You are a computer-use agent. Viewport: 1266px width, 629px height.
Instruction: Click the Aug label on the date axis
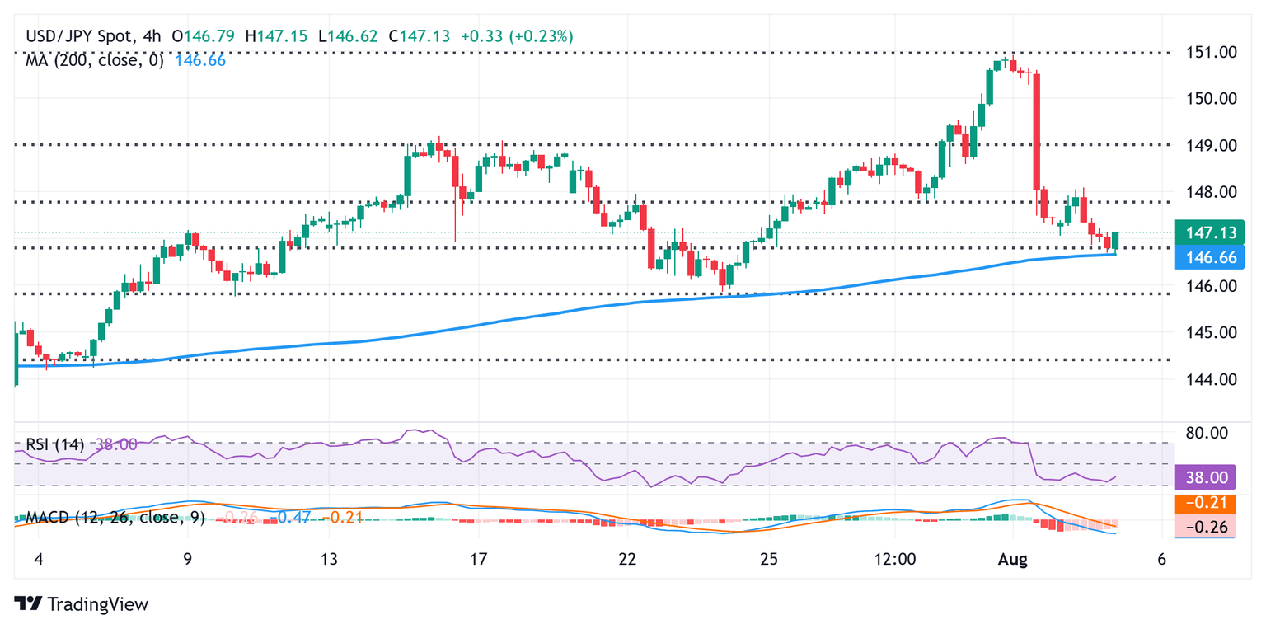pyautogui.click(x=1013, y=560)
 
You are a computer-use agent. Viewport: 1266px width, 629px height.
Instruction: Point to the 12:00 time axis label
pyautogui.click(x=895, y=560)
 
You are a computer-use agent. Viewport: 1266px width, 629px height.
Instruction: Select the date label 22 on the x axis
pyautogui.click(x=627, y=560)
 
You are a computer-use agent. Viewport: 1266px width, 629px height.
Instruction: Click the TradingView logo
pyautogui.click(x=82, y=603)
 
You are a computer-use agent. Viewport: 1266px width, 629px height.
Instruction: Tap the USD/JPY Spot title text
pyautogui.click(x=77, y=36)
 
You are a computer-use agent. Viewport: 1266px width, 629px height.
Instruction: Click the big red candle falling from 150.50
pyautogui.click(x=1036, y=132)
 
